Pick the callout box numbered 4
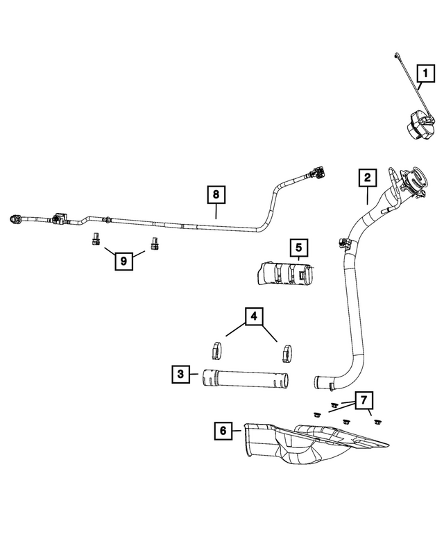coord(253,316)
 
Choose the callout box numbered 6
coord(223,431)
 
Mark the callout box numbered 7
coord(362,400)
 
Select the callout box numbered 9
coord(123,261)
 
